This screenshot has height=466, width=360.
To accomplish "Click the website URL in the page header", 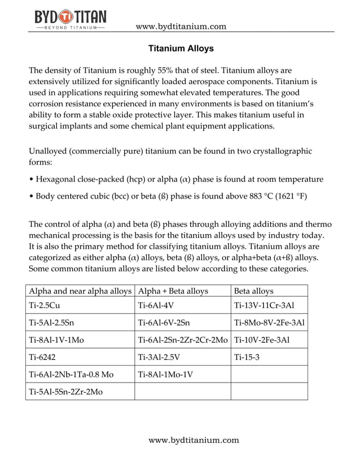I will [x=181, y=26].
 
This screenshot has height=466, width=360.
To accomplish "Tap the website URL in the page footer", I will [x=194, y=440].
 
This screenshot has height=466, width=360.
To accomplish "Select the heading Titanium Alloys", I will [x=181, y=49].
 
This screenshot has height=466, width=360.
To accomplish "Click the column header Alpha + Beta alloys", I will [x=173, y=291].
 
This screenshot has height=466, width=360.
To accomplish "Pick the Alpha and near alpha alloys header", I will [x=80, y=291].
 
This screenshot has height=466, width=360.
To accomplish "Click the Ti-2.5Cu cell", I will [x=45, y=306].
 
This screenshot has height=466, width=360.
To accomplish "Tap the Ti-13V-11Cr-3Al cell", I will [x=264, y=306].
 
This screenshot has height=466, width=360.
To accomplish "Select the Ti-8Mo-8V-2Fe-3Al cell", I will [x=269, y=323].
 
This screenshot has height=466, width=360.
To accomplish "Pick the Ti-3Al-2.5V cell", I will [x=159, y=357].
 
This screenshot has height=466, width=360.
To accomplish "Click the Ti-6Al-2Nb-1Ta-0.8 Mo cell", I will [x=71, y=374].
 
